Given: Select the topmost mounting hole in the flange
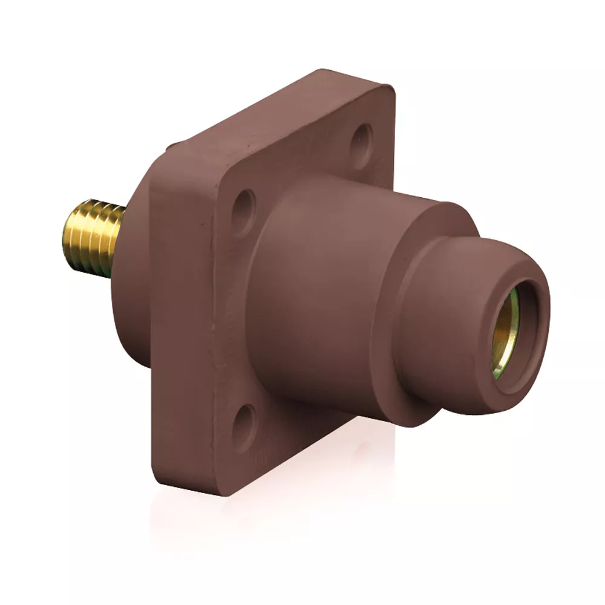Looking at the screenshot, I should (362, 139).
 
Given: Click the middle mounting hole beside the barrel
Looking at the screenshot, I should (244, 212).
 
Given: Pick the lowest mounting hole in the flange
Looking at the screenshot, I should (245, 427).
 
